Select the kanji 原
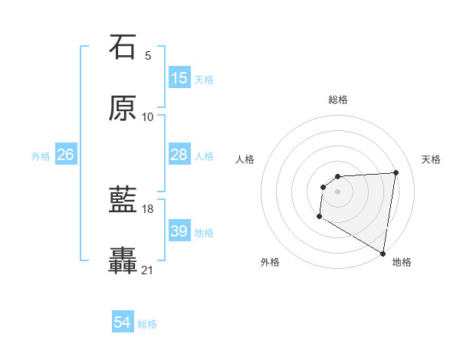click(123, 108)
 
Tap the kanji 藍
click(123, 200)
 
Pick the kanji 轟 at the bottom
click(123, 261)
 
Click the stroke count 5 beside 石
click(148, 55)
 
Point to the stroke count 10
click(148, 116)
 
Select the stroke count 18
click(148, 208)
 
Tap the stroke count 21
click(148, 270)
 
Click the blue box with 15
click(179, 78)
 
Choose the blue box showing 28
click(179, 155)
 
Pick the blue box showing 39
click(179, 231)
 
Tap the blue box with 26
click(65, 155)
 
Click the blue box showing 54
click(123, 323)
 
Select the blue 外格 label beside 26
click(41, 155)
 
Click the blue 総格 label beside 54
click(147, 324)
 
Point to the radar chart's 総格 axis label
click(337, 100)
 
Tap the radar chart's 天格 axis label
click(431, 159)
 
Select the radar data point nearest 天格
click(396, 172)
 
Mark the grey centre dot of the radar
click(337, 191)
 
